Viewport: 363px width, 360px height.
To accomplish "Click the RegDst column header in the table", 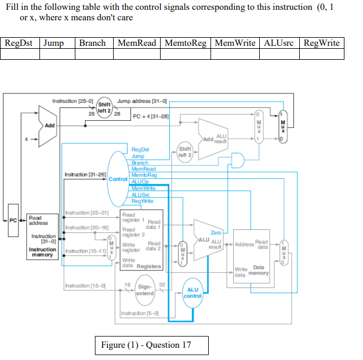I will click(x=20, y=43).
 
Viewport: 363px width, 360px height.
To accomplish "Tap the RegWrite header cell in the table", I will click(x=322, y=43).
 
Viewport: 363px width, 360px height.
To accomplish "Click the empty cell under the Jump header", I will click(x=57, y=54).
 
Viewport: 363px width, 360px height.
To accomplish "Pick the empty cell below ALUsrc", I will click(x=279, y=54).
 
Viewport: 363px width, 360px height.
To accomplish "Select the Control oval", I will click(x=118, y=179).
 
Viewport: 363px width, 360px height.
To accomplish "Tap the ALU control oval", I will click(x=193, y=293).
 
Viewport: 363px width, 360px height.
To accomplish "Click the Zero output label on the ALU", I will click(x=215, y=232).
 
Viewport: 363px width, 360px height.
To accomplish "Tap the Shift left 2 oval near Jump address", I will click(x=105, y=107).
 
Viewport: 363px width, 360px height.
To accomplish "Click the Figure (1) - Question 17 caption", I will click(x=146, y=345).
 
